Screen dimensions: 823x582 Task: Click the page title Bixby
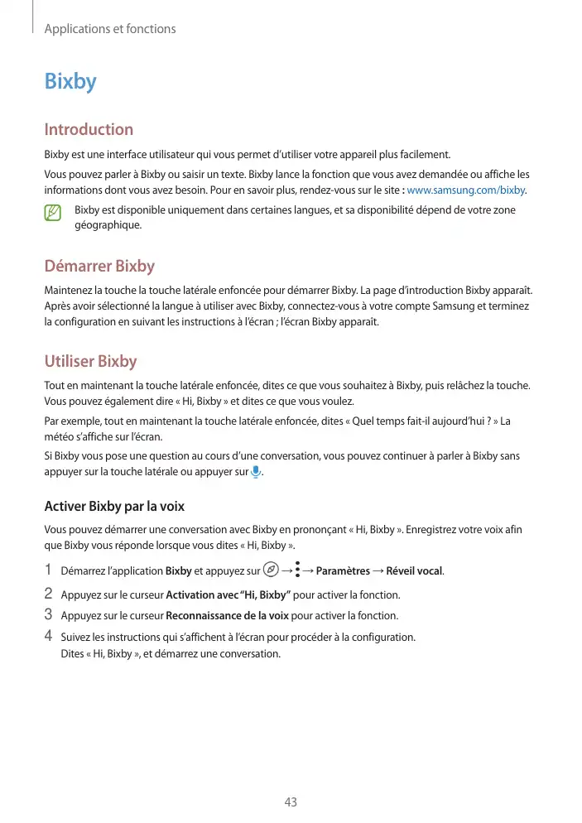pyautogui.click(x=70, y=82)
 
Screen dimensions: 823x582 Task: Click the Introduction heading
pyautogui.click(x=89, y=129)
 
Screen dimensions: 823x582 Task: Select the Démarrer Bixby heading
pyautogui.click(x=99, y=266)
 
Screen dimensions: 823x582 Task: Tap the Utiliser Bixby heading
pyautogui.click(x=90, y=361)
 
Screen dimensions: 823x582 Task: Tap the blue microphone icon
pyautogui.click(x=256, y=472)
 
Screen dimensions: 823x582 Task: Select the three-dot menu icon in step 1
pyautogui.click(x=297, y=570)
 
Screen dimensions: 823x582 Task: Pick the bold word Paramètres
pyautogui.click(x=343, y=570)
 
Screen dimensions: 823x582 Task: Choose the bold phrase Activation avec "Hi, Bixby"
pyautogui.click(x=228, y=595)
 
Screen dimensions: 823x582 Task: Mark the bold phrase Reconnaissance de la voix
pyautogui.click(x=227, y=615)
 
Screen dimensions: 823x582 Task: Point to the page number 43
pyautogui.click(x=291, y=802)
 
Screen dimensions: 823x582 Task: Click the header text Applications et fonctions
pyautogui.click(x=110, y=29)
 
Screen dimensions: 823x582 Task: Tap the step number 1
pyautogui.click(x=48, y=570)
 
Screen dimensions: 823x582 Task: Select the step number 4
pyautogui.click(x=48, y=636)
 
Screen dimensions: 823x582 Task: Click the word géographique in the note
pyautogui.click(x=108, y=224)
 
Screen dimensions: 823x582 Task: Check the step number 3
pyautogui.click(x=48, y=615)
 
